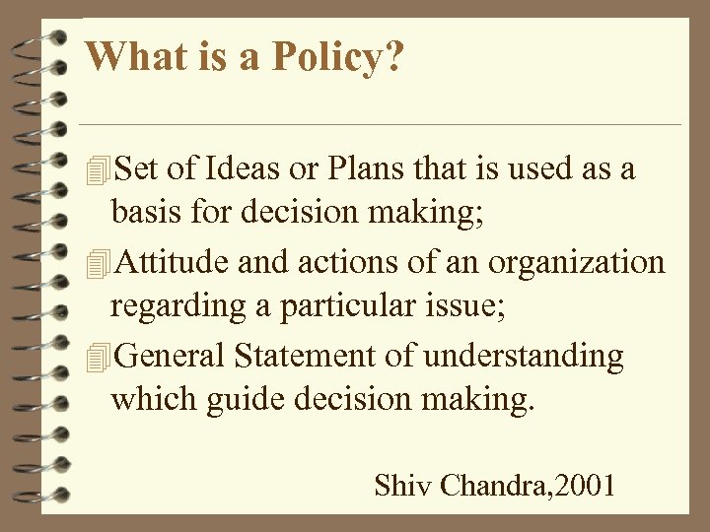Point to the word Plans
(x=361, y=169)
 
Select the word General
(x=168, y=356)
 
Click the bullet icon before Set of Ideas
(x=96, y=170)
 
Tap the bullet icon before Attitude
(x=96, y=264)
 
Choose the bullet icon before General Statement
(x=96, y=357)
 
